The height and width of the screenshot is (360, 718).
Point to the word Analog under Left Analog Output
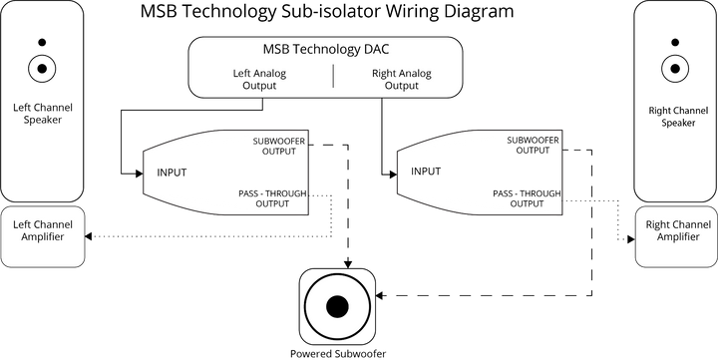point(272,73)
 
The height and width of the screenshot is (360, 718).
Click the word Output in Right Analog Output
point(401,86)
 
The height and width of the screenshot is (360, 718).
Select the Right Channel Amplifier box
point(675,238)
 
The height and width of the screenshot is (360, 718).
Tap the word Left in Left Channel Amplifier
point(23,225)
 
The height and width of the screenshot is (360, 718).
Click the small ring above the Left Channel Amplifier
point(42,69)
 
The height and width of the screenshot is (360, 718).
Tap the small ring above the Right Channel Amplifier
point(675,69)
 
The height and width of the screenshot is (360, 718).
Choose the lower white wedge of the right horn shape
point(489,200)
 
